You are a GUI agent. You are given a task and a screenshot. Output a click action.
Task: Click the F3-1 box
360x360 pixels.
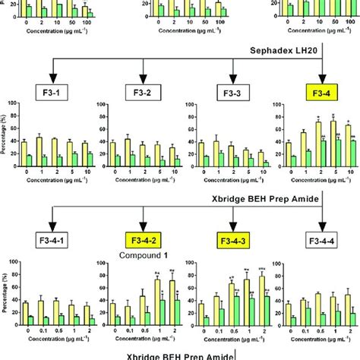tap(54, 93)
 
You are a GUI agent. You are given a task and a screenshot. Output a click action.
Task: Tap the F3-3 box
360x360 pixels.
tap(232, 93)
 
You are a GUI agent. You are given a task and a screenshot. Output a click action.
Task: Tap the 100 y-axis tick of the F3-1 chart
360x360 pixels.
tap(13, 113)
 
